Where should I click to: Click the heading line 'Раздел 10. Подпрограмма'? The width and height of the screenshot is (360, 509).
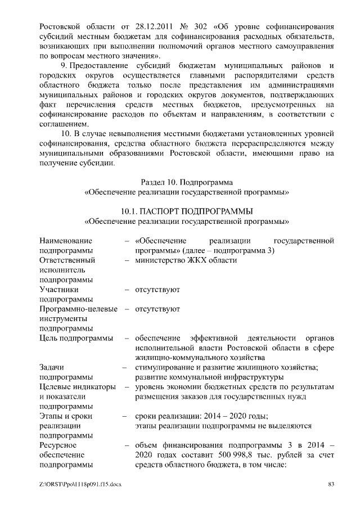[186, 182]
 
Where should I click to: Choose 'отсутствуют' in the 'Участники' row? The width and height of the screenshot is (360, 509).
[157, 290]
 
